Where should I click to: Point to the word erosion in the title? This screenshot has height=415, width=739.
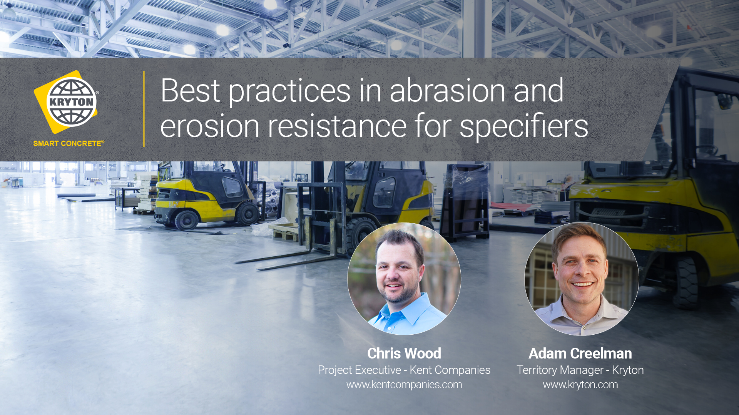[210, 126]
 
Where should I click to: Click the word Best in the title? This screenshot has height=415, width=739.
[191, 91]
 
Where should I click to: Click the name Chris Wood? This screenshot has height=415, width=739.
[404, 353]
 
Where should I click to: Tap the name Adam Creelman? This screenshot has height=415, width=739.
[580, 353]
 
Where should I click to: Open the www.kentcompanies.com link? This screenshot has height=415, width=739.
[404, 384]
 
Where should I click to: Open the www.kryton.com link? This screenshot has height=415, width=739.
[580, 384]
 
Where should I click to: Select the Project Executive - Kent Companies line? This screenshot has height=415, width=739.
[404, 370]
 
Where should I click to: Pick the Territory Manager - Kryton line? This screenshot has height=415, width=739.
[580, 370]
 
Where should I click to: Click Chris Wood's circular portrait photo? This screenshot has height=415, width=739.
[404, 279]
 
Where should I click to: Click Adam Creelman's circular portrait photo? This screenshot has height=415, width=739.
[582, 279]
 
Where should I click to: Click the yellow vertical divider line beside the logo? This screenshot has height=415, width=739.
[144, 109]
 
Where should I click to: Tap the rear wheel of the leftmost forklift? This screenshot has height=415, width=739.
[187, 220]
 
